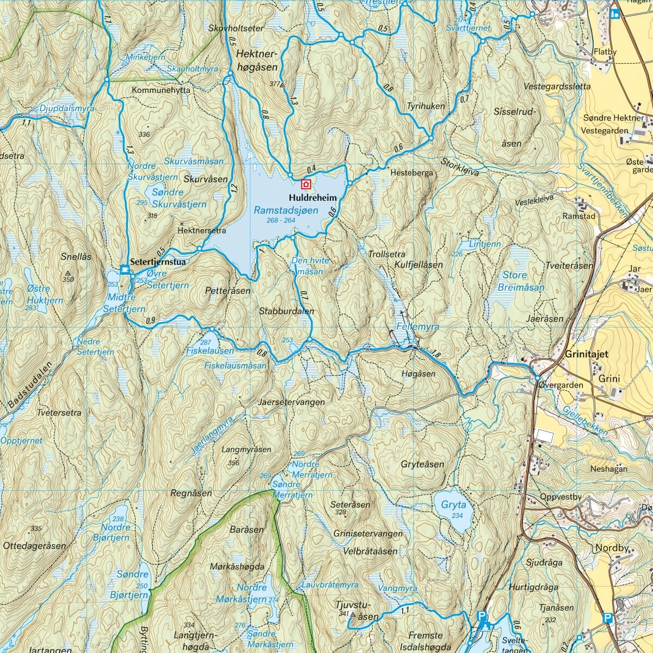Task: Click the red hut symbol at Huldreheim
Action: tap(306, 184)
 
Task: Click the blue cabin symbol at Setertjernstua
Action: tap(125, 269)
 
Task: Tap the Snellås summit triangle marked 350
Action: tap(68, 273)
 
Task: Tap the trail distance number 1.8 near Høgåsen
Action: tap(435, 354)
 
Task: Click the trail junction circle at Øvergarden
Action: tap(537, 378)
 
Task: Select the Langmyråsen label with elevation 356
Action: tap(246, 450)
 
